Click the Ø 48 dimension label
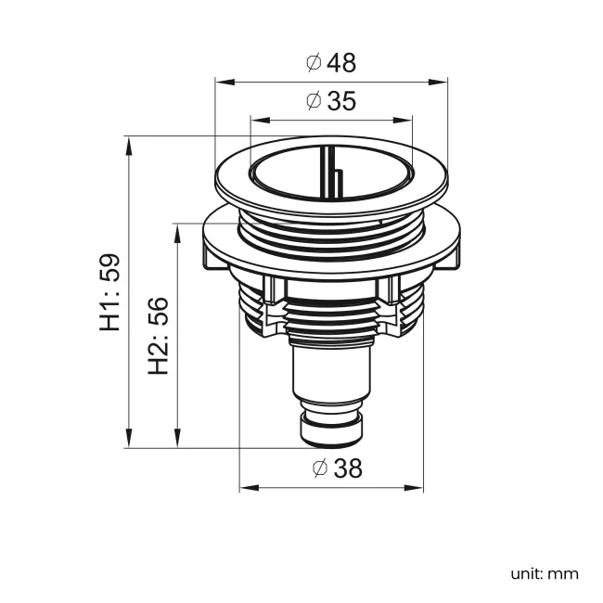pyautogui.click(x=330, y=62)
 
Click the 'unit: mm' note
pyautogui.click(x=544, y=573)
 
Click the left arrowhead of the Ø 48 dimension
pyautogui.click(x=221, y=82)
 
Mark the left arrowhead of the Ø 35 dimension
pyautogui.click(x=256, y=120)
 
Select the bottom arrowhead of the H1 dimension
pyautogui.click(x=128, y=441)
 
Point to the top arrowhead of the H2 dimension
pyautogui.click(x=176, y=229)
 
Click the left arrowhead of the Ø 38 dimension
pyautogui.click(x=246, y=488)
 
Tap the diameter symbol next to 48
pyautogui.click(x=314, y=62)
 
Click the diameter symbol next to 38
pyautogui.click(x=319, y=468)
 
